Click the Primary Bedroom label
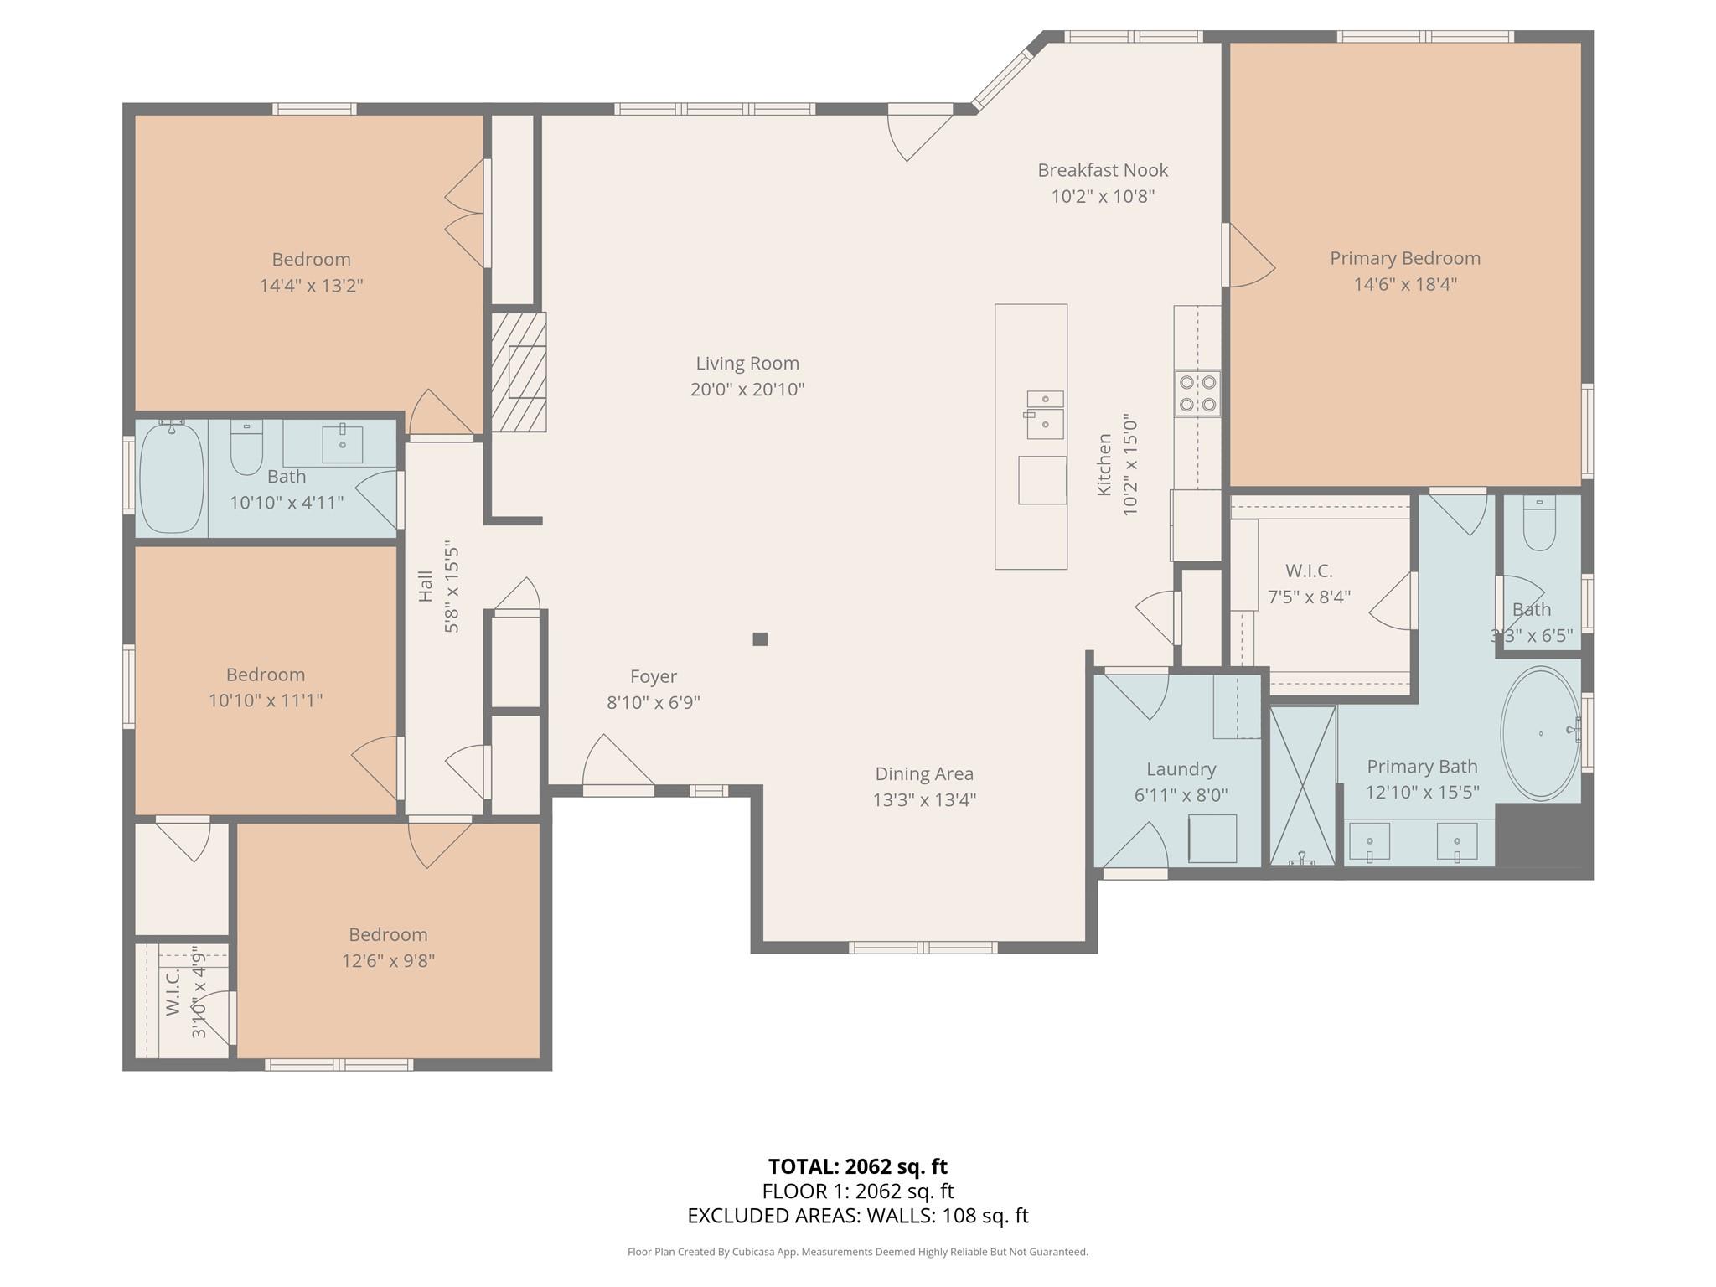[1404, 258]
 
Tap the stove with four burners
[1197, 394]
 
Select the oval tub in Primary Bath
[1540, 734]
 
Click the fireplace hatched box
[519, 372]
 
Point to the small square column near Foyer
[760, 639]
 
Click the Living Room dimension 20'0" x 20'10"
[747, 390]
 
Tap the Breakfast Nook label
[1103, 170]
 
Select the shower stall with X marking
[1302, 785]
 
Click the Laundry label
[1181, 769]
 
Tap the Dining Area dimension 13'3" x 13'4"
[924, 800]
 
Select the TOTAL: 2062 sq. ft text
[857, 1166]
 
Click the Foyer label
[653, 676]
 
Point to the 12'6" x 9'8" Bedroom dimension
[388, 961]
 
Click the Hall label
[426, 587]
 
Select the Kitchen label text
[1104, 465]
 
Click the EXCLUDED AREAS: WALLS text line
[857, 1216]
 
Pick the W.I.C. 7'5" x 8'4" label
[1309, 571]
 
